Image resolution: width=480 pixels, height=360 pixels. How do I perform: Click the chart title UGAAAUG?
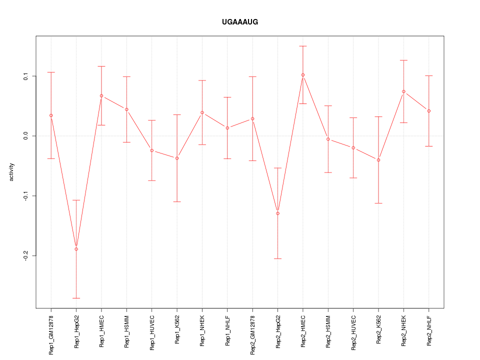(240, 22)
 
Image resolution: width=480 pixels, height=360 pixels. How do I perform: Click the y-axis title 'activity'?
(12, 171)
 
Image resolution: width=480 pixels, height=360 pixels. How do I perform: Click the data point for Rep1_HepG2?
(76, 249)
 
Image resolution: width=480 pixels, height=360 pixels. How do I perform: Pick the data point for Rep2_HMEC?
(302, 75)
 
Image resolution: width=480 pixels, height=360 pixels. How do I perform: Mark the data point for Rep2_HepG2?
(277, 213)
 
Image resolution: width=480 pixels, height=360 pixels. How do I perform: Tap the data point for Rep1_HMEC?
(101, 95)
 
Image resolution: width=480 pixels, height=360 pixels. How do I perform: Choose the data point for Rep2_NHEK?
(403, 91)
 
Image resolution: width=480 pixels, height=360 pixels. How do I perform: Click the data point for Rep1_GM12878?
(51, 115)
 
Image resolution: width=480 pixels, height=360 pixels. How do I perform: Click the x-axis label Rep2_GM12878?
(252, 334)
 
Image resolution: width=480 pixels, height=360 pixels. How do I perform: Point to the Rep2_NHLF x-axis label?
(429, 330)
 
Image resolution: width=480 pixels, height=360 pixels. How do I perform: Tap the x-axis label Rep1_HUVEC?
(152, 331)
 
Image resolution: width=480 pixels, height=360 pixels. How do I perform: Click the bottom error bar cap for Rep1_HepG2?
(76, 298)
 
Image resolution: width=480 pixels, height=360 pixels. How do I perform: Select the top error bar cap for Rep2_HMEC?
(302, 46)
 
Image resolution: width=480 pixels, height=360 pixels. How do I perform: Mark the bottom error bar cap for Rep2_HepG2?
(277, 258)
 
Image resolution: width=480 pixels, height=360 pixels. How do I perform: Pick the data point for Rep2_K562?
(378, 160)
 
